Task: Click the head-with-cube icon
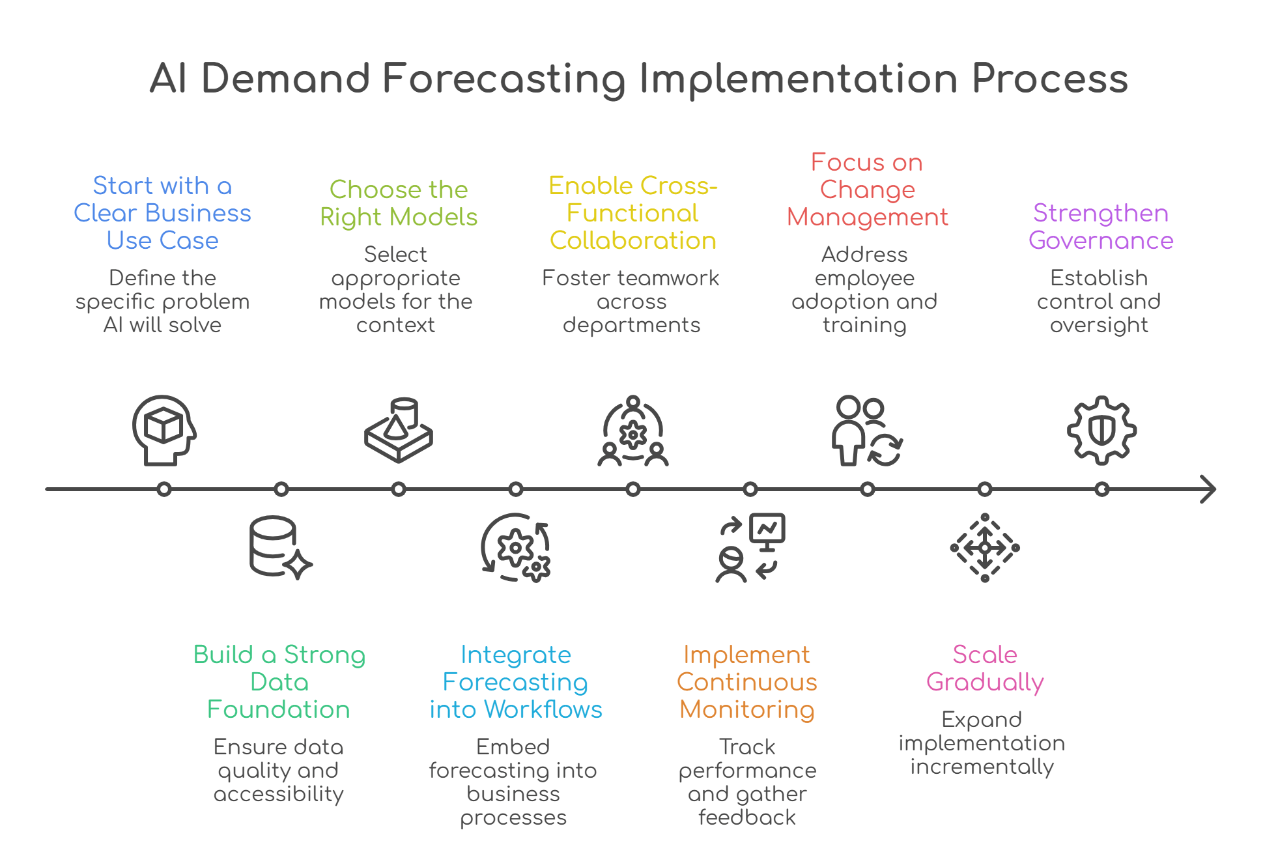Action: pos(163,430)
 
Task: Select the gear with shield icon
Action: pos(1101,430)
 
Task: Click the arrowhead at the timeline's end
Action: pos(1208,489)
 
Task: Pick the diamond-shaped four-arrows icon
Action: pos(985,548)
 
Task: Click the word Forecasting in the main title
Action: pos(504,79)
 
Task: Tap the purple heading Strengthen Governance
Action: pos(1101,227)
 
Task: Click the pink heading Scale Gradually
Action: pos(985,668)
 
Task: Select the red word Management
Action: pos(867,217)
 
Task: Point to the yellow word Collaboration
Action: pos(632,240)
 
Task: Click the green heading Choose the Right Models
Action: pos(399,203)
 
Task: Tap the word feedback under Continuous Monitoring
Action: pos(747,817)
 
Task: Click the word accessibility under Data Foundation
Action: pos(279,793)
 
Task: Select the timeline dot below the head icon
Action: pos(164,489)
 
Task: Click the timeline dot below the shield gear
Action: pos(1101,489)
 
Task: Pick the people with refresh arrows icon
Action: pos(867,430)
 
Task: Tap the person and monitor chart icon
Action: pos(750,548)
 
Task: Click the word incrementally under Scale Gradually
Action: pos(982,767)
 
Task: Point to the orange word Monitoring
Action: pos(747,709)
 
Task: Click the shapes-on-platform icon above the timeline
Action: pos(399,430)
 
